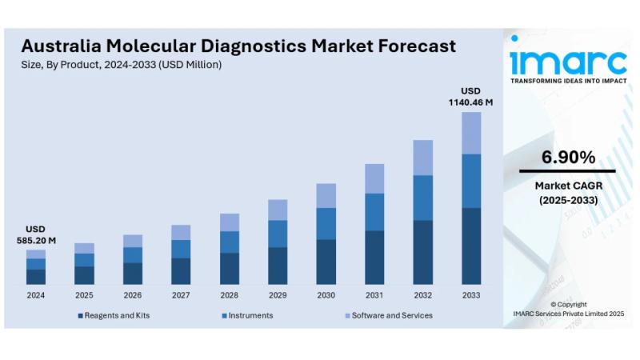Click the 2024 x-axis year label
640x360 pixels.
[35, 295]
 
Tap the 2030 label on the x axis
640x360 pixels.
[326, 295]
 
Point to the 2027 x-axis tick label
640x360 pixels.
[181, 295]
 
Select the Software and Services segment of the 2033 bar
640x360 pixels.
[471, 133]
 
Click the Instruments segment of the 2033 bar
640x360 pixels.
[471, 181]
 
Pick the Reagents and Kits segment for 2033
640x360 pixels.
[471, 246]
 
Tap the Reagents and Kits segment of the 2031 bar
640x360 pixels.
[374, 258]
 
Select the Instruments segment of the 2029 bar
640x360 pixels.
[278, 234]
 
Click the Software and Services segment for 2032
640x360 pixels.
[422, 158]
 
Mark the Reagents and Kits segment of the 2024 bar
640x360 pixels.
[36, 277]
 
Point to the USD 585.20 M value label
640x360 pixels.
[36, 234]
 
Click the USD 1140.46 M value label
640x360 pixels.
[470, 96]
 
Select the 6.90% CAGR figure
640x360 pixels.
[568, 158]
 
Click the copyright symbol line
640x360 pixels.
[568, 304]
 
